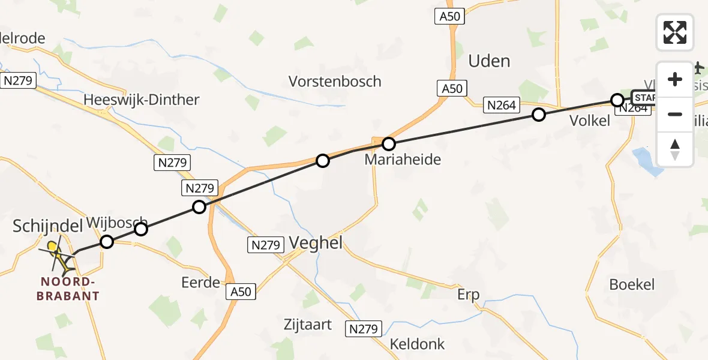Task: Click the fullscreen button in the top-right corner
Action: (675, 32)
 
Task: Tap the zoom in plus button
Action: (675, 80)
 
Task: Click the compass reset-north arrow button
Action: (675, 149)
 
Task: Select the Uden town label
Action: (489, 61)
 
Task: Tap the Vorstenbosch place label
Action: (335, 81)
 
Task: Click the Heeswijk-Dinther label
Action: (142, 100)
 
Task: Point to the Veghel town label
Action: (316, 242)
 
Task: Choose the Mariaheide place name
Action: (403, 160)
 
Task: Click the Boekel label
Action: (632, 284)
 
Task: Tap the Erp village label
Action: (469, 295)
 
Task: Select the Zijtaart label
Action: (308, 325)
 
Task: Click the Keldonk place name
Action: (418, 344)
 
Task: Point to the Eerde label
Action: (200, 282)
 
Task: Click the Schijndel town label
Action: (48, 226)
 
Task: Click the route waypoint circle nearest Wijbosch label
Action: (140, 229)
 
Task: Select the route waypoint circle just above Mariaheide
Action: (389, 144)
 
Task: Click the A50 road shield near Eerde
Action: (241, 292)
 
